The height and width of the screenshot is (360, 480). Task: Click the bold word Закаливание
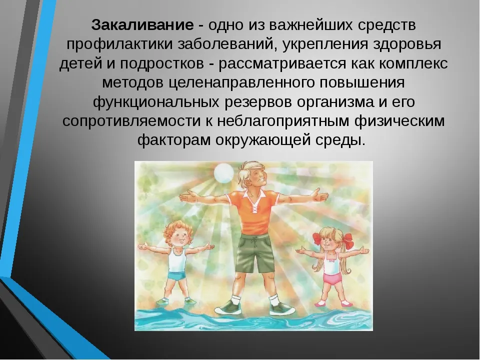(142, 25)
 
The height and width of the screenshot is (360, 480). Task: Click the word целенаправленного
(241, 82)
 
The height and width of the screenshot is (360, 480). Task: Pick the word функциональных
(156, 102)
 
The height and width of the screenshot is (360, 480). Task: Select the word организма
(335, 102)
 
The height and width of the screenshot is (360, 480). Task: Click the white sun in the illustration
(224, 172)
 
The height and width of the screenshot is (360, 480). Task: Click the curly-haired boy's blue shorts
(176, 275)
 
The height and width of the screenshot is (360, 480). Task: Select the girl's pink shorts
(332, 277)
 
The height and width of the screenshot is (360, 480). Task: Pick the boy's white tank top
(177, 259)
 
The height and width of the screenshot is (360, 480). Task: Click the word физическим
(399, 121)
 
